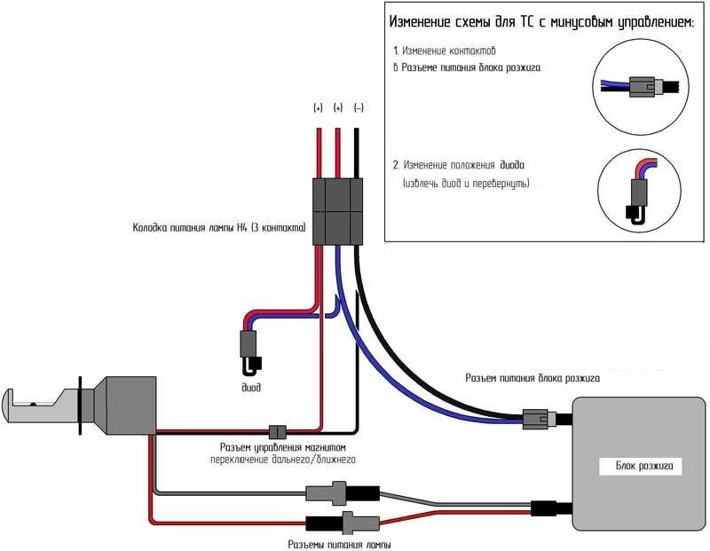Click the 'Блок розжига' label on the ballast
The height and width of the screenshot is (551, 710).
pyautogui.click(x=645, y=464)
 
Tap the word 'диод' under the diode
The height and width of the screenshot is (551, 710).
pyautogui.click(x=251, y=387)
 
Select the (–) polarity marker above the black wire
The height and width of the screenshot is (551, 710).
pyautogui.click(x=358, y=108)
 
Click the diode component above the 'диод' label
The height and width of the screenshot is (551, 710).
pyautogui.click(x=248, y=349)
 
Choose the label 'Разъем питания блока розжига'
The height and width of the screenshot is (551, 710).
pyautogui.click(x=532, y=378)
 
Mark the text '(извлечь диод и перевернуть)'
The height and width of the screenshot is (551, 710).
pyautogui.click(x=465, y=184)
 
